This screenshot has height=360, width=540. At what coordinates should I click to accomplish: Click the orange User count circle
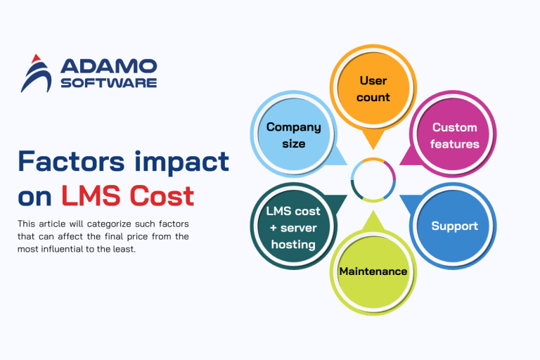[373, 89]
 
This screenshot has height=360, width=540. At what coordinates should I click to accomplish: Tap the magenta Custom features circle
[454, 135]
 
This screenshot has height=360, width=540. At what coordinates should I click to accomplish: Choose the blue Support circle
[454, 226]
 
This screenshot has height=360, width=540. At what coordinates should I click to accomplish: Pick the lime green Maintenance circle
[373, 271]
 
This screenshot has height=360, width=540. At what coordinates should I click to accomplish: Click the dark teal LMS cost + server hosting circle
[293, 226]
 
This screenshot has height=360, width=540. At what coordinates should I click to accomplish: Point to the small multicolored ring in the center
[373, 180]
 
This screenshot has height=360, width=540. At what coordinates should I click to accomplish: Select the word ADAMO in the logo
[108, 66]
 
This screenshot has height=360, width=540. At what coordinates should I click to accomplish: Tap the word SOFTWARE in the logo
[108, 82]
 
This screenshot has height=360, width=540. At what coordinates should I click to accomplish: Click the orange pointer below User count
[373, 139]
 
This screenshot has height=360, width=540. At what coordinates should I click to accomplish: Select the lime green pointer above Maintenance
[373, 221]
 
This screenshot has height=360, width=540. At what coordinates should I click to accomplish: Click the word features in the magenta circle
[455, 143]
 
